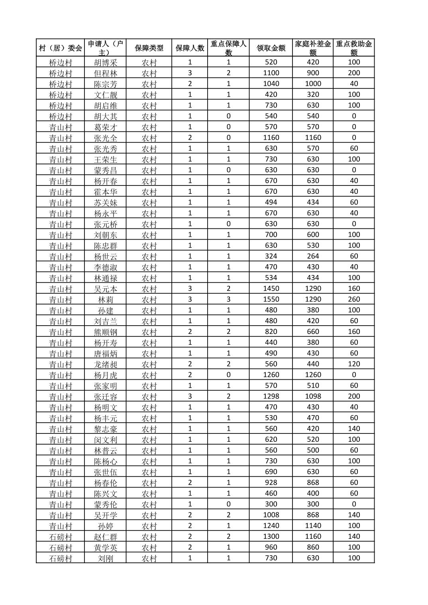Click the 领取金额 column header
coord(271,48)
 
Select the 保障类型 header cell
coord(149,48)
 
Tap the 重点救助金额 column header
coord(354,48)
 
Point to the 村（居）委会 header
coord(61,48)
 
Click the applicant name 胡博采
coord(106,62)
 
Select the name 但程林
coord(106,73)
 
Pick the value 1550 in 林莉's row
coord(271,299)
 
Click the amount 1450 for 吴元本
coord(271,289)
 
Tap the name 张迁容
coord(106,396)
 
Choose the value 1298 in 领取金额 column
coord(271,396)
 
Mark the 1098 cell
coord(313,396)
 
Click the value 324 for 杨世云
coord(271,256)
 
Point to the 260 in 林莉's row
coord(354,299)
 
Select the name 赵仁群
coord(106,537)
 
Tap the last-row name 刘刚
coord(106,558)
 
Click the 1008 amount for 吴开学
coord(271,515)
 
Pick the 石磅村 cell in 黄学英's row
coord(61,547)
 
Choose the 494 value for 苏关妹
coord(271,202)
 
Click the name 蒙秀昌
coord(106,170)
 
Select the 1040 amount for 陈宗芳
coord(271,84)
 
